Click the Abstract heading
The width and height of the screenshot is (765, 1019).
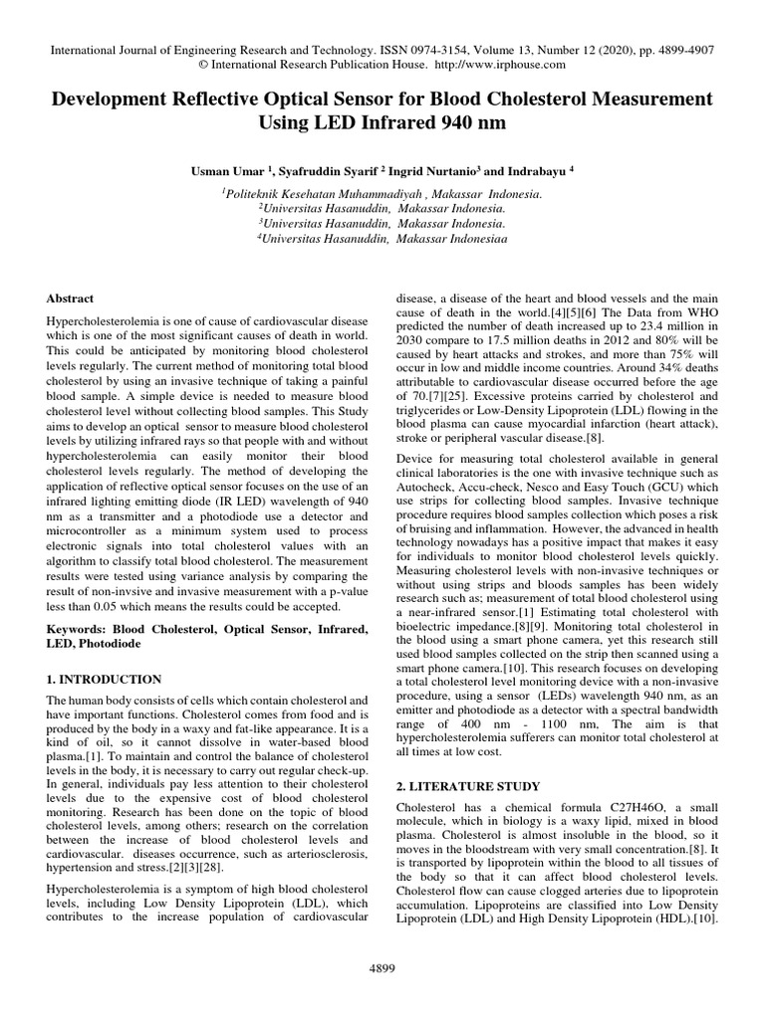(71, 298)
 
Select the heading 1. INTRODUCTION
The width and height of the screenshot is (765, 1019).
(105, 679)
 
